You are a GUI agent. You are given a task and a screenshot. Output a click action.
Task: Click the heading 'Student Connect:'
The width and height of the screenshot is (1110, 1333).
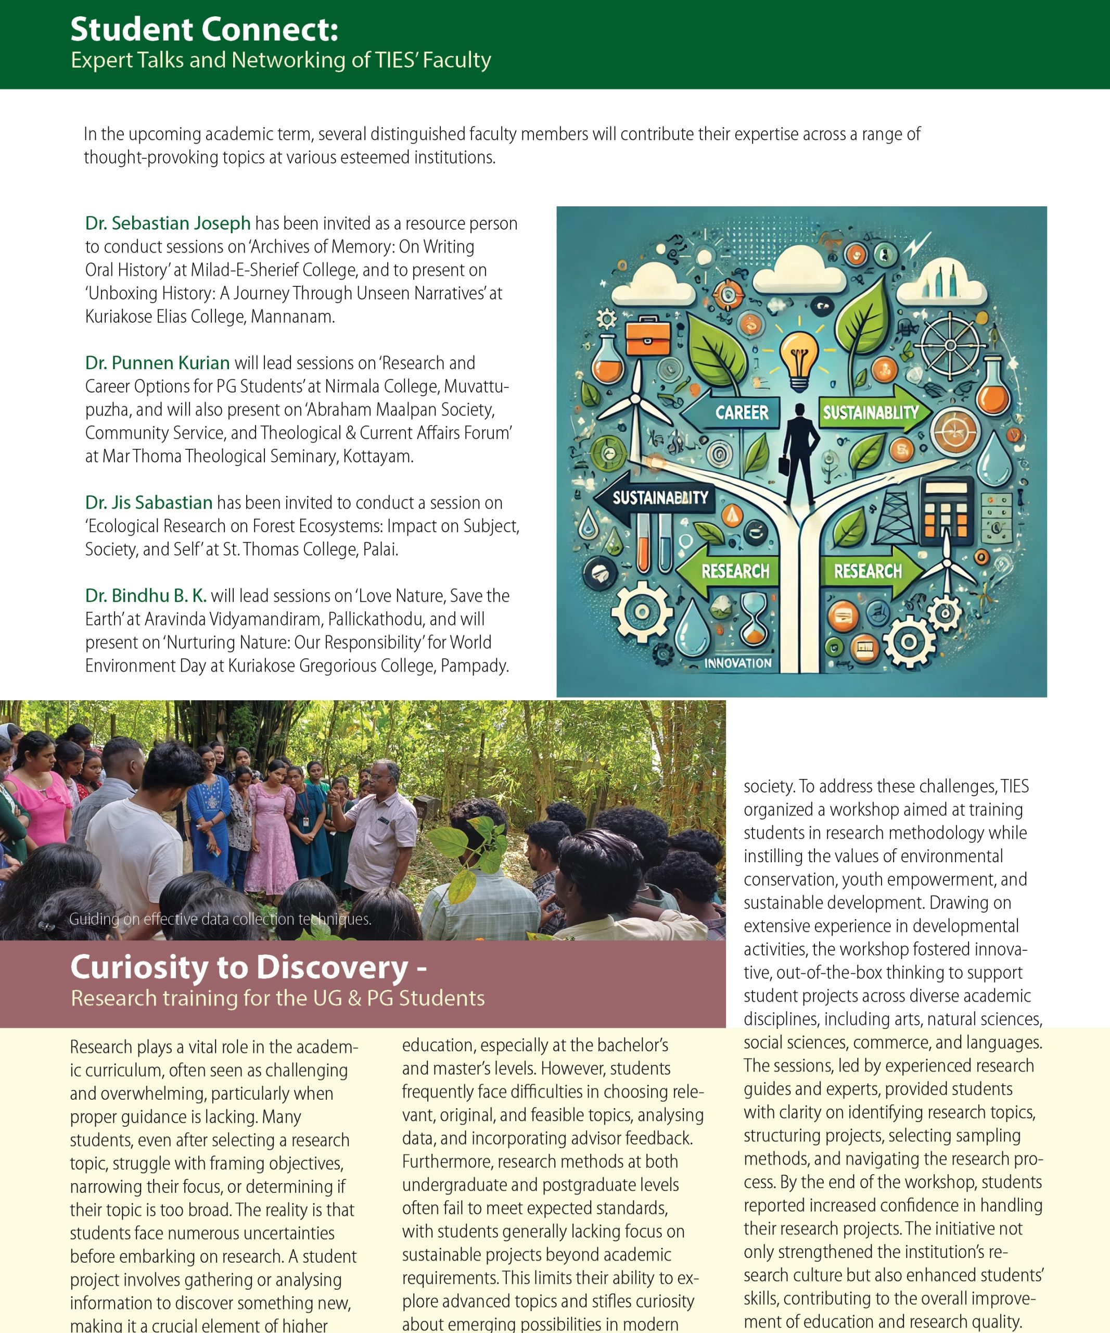[204, 29]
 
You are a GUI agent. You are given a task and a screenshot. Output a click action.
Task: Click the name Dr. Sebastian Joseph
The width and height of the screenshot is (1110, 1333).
[168, 223]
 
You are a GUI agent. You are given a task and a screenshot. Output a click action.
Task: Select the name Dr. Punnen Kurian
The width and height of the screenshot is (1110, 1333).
[157, 363]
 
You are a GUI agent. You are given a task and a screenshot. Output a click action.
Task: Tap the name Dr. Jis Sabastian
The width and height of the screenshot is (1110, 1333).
[149, 502]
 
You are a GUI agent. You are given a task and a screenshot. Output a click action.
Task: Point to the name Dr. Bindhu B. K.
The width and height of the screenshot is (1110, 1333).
[146, 595]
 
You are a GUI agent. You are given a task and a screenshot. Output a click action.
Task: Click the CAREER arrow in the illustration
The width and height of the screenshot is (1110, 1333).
[736, 412]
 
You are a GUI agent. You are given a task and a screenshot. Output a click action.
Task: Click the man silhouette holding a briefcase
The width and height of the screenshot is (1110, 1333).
[800, 454]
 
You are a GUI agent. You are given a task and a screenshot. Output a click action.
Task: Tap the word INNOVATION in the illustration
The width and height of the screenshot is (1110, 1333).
[738, 663]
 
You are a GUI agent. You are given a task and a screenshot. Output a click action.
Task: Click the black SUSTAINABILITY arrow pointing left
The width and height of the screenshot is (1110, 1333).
[657, 498]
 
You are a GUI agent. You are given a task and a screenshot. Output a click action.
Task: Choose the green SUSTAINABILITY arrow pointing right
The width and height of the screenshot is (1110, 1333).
[872, 412]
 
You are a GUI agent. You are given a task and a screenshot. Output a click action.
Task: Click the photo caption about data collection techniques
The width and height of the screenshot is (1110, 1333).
[220, 919]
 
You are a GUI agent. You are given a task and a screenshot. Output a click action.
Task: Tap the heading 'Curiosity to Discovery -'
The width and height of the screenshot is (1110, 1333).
[248, 967]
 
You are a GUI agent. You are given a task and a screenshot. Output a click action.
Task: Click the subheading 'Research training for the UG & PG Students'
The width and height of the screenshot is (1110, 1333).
[277, 999]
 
